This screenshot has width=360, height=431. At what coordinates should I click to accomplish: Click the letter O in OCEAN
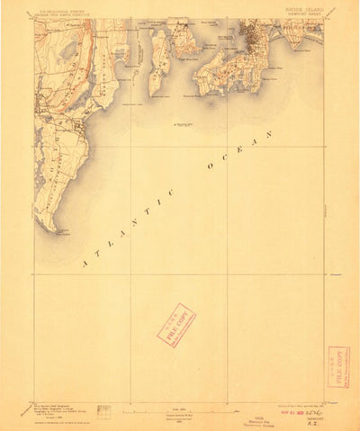click(x=209, y=167)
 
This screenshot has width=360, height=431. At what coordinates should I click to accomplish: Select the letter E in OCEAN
click(x=238, y=150)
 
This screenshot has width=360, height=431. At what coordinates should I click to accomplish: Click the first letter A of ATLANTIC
click(x=84, y=265)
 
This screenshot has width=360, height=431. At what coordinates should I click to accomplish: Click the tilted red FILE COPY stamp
click(x=176, y=325)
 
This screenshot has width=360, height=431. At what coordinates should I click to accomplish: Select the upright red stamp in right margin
click(x=339, y=366)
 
